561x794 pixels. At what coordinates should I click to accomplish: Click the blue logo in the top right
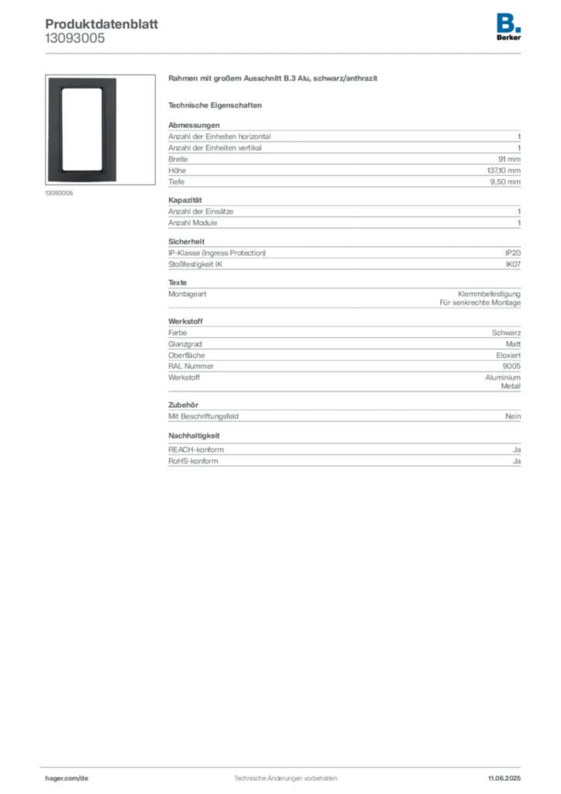pyautogui.click(x=509, y=22)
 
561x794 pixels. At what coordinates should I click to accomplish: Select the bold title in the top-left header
pyautogui.click(x=102, y=20)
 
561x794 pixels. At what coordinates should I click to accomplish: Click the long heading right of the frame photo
pyautogui.click(x=275, y=80)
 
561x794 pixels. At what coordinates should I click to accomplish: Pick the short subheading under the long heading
pyautogui.click(x=217, y=105)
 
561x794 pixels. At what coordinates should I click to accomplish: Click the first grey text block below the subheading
pyautogui.click(x=344, y=177)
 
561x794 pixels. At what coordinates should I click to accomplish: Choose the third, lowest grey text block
pyautogui.click(x=344, y=395)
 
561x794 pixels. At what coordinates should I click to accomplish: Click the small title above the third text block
pyautogui.click(x=185, y=319)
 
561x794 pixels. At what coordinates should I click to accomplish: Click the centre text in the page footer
pyautogui.click(x=285, y=775)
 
